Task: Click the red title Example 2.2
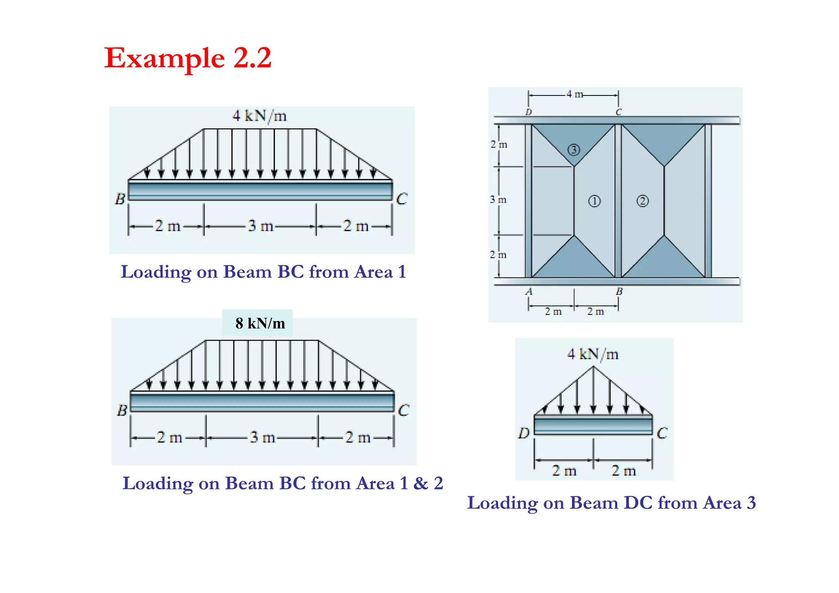pyautogui.click(x=188, y=59)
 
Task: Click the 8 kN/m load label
pyautogui.click(x=260, y=324)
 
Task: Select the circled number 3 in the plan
pyautogui.click(x=574, y=150)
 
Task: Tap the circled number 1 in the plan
pyautogui.click(x=594, y=201)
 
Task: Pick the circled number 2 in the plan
pyautogui.click(x=642, y=201)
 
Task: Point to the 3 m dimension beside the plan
pyautogui.click(x=498, y=200)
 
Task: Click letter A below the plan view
pyautogui.click(x=529, y=292)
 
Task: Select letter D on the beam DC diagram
pyautogui.click(x=524, y=433)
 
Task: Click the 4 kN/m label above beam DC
pyautogui.click(x=593, y=354)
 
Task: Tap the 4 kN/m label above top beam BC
pyautogui.click(x=259, y=116)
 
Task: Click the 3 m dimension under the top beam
pyautogui.click(x=261, y=226)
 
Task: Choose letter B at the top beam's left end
pyautogui.click(x=120, y=199)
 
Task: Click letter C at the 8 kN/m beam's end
pyautogui.click(x=404, y=410)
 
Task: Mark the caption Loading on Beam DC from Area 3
pyautogui.click(x=611, y=503)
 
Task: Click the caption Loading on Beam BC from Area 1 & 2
pyautogui.click(x=283, y=483)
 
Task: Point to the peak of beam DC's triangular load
pyautogui.click(x=593, y=367)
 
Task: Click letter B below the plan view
pyautogui.click(x=619, y=292)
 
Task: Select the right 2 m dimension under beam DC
pyautogui.click(x=624, y=471)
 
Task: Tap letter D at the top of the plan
pyautogui.click(x=528, y=112)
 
